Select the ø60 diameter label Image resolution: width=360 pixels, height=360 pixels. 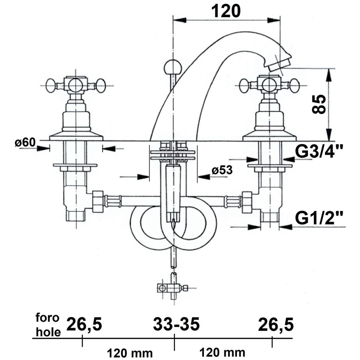[25, 143]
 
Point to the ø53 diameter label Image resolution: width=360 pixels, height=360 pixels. [222, 170]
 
